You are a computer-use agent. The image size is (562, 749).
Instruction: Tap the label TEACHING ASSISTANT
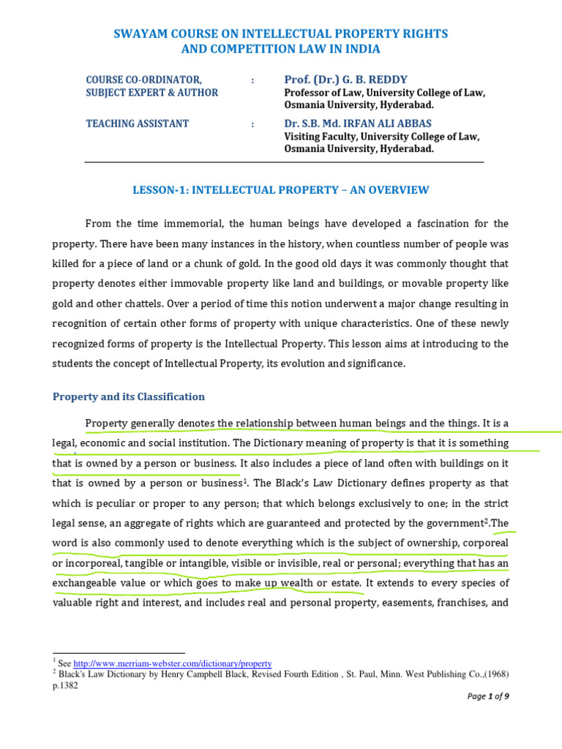(x=137, y=124)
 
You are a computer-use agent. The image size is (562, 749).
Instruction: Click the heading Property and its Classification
(x=129, y=396)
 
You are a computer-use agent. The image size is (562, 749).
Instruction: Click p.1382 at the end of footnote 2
(x=65, y=686)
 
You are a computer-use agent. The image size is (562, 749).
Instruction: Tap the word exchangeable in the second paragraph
(x=90, y=584)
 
